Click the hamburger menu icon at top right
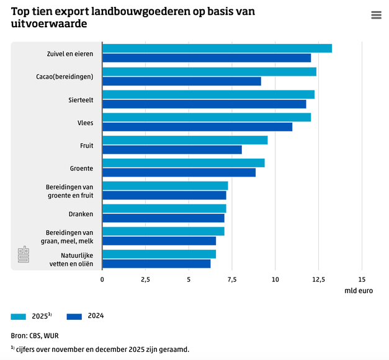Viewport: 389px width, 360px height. (x=376, y=15)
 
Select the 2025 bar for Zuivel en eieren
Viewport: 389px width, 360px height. (x=217, y=48)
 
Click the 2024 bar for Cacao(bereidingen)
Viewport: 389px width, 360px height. (x=181, y=81)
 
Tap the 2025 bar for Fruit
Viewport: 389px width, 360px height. (x=185, y=140)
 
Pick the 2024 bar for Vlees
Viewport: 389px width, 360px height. (x=197, y=127)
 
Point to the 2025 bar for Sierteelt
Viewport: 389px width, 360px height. (x=208, y=94)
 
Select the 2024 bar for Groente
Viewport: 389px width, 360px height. (x=179, y=172)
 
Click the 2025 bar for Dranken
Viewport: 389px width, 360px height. (x=164, y=208)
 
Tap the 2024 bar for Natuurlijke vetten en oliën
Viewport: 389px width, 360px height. (x=156, y=264)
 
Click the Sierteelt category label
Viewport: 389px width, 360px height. (x=81, y=100)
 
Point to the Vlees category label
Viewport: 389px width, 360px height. (x=85, y=123)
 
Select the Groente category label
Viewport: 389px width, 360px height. (x=81, y=168)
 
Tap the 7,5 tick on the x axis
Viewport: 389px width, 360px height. (x=231, y=279)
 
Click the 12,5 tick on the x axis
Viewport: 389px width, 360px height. (x=318, y=279)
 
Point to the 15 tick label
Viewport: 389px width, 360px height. (x=362, y=279)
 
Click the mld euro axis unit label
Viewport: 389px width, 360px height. (x=359, y=291)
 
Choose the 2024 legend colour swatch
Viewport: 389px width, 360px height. (x=74, y=316)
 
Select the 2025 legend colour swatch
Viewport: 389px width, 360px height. (x=19, y=316)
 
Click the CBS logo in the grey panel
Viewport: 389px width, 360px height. (x=23, y=255)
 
